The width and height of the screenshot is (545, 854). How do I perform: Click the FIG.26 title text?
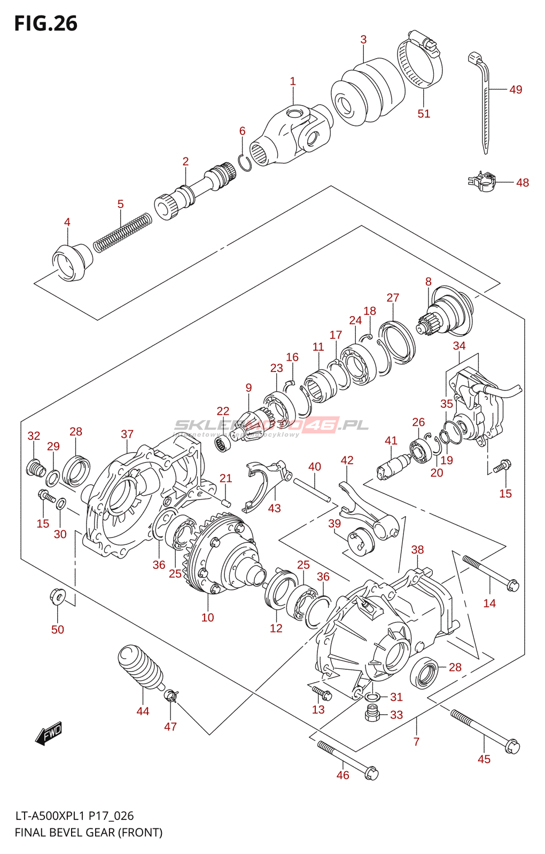(45, 23)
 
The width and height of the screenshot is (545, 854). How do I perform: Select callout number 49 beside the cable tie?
(515, 90)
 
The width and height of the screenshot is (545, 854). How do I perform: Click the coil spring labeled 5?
(122, 231)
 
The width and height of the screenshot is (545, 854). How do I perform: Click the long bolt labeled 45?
(484, 730)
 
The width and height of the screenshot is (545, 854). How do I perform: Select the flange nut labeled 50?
(57, 596)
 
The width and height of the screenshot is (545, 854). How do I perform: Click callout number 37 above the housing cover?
(127, 434)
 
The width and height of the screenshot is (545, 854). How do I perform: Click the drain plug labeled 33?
(372, 713)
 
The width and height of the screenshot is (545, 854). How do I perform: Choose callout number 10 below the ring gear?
(207, 618)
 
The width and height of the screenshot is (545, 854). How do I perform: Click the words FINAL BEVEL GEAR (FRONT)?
(88, 832)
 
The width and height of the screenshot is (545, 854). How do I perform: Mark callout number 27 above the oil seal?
(393, 298)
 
